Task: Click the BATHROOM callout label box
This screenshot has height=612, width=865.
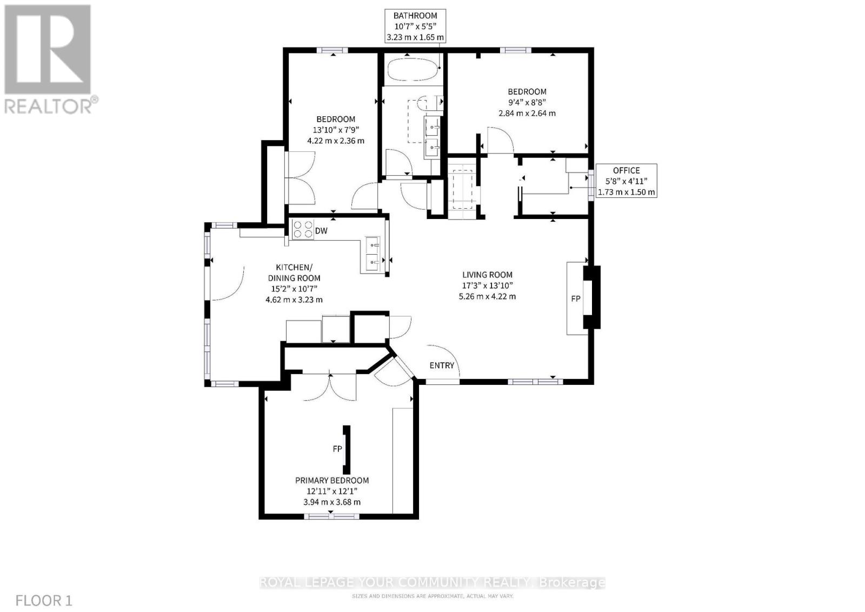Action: point(415,26)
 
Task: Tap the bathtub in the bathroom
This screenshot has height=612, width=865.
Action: point(412,69)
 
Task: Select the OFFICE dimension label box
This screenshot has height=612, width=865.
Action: point(626,181)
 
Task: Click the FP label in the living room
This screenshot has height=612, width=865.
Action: point(576,298)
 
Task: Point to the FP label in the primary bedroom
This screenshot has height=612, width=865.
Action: point(337,449)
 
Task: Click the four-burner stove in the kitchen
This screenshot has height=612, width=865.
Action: point(302,229)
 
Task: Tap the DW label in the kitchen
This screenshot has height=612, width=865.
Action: point(321,231)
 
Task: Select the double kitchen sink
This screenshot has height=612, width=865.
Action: point(373,254)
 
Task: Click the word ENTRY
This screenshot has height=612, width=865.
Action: point(442,365)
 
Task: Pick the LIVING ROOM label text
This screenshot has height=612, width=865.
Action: point(487,275)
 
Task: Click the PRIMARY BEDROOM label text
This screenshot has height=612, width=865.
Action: point(332,480)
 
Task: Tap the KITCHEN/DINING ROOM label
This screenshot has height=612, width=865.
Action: point(294,272)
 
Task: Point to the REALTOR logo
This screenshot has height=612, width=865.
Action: point(49,59)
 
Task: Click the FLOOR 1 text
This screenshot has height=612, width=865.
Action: point(44,600)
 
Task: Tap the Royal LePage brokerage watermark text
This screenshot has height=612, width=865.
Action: point(432,582)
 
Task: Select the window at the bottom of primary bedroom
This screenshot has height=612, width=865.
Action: point(332,516)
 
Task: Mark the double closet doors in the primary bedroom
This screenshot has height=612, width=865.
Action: point(330,387)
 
